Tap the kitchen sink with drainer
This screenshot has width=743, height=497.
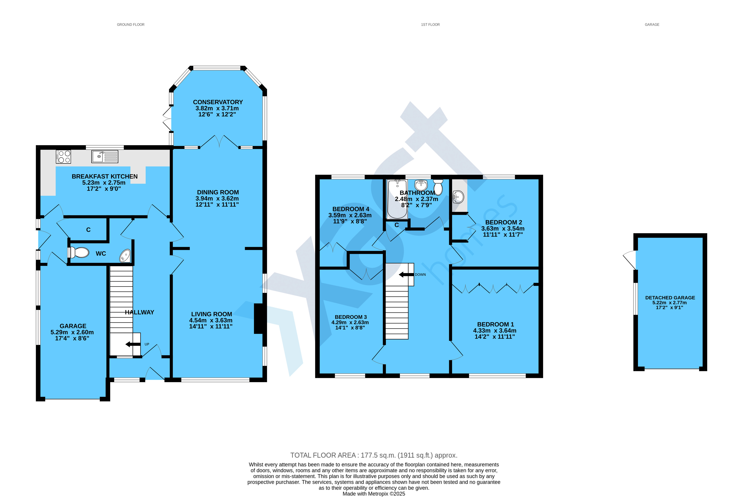pos(105,157)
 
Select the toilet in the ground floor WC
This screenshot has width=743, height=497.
pos(78,253)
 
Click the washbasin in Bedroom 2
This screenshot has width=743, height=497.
pos(458,197)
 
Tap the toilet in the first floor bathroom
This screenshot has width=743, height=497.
pos(438,187)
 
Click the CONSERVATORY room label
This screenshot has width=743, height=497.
pos(218,102)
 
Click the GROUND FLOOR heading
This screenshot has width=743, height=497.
pos(130,24)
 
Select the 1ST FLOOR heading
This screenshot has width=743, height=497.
pos(430,24)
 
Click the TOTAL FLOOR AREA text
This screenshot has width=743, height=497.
pos(374,455)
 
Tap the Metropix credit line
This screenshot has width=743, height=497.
pos(374,493)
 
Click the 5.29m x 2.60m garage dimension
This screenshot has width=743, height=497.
pos(72,332)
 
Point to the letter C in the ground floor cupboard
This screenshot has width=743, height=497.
pos(88,230)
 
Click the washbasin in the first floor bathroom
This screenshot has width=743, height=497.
pos(421,185)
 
